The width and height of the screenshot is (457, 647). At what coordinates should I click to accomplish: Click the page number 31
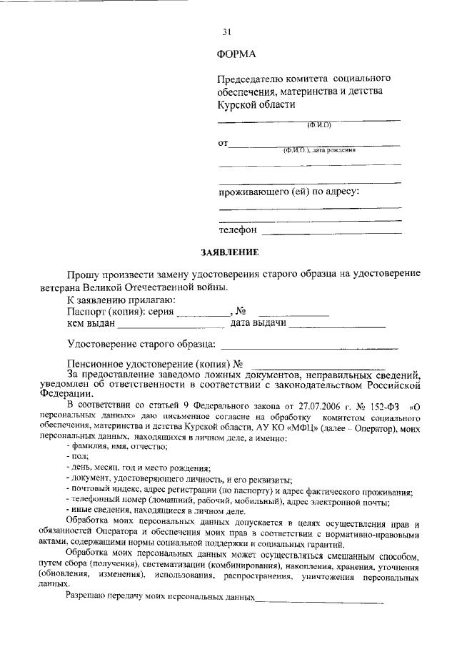click(x=227, y=32)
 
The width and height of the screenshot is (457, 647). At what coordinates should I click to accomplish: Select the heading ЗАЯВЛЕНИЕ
click(x=228, y=252)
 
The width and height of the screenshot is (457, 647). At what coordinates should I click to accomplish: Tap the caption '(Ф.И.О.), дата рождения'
click(x=319, y=150)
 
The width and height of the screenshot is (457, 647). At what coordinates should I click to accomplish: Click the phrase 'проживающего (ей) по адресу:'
click(x=288, y=192)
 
